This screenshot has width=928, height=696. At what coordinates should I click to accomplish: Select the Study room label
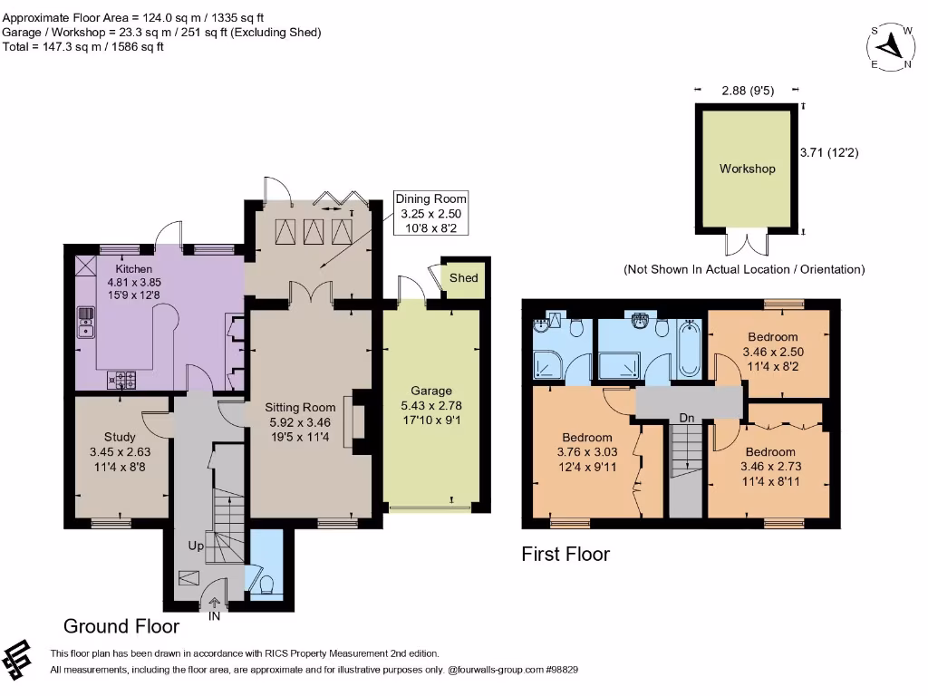pyautogui.click(x=120, y=437)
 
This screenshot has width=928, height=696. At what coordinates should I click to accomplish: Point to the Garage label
pyautogui.click(x=431, y=391)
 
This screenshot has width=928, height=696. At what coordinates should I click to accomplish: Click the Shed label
pyautogui.click(x=463, y=277)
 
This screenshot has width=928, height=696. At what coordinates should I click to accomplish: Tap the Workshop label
pyautogui.click(x=747, y=169)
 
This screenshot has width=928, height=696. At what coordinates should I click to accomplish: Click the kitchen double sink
pyautogui.click(x=86, y=322)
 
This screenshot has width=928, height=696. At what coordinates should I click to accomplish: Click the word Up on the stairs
pyautogui.click(x=196, y=546)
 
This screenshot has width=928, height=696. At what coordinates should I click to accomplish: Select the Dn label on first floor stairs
pyautogui.click(x=687, y=419)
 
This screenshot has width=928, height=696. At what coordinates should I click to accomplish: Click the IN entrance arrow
pyautogui.click(x=215, y=605)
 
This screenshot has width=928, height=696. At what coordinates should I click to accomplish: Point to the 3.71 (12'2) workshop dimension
pyautogui.click(x=829, y=153)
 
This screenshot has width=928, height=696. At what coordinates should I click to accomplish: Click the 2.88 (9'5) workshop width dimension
pyautogui.click(x=747, y=91)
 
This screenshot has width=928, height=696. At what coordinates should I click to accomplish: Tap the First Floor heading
pyautogui.click(x=565, y=554)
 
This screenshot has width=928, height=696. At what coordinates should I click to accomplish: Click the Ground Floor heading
pyautogui.click(x=121, y=626)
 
